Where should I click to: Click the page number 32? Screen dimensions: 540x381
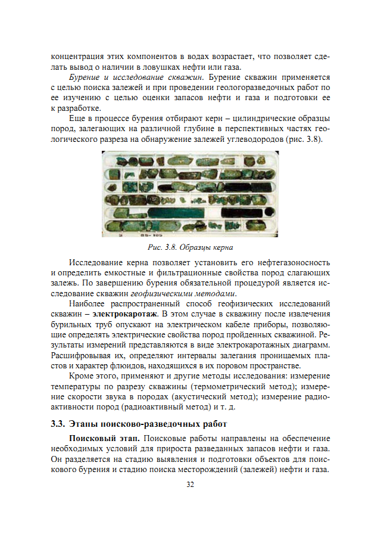[x=190, y=485]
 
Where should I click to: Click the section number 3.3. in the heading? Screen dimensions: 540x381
[x=58, y=424]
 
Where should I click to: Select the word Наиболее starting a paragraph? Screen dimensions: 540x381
[x=88, y=303]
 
